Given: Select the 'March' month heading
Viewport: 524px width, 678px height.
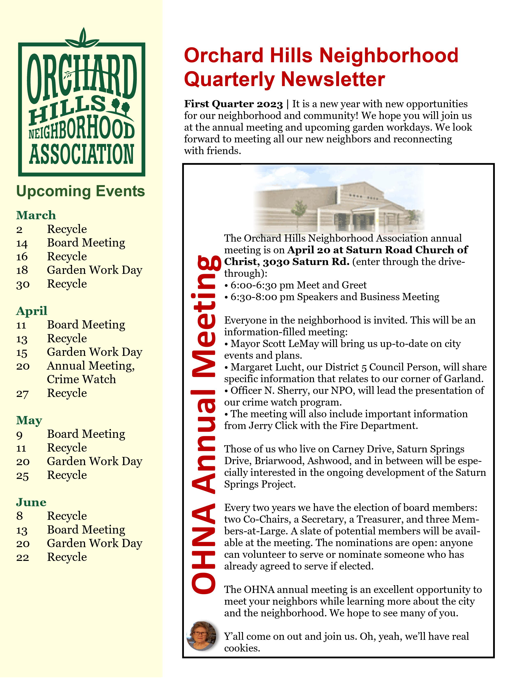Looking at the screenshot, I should [36, 215].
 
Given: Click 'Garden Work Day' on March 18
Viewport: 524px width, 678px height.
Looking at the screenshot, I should [94, 270].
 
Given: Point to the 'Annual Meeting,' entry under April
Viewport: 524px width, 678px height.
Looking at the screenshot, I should [91, 366].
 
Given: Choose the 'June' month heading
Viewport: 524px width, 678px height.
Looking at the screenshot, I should [31, 502].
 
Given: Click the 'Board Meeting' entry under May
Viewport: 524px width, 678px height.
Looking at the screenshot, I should [86, 434].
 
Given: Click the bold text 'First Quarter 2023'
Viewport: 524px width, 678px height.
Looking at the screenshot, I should [233, 104].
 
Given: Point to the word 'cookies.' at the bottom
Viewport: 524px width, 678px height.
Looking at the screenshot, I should [242, 648].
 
